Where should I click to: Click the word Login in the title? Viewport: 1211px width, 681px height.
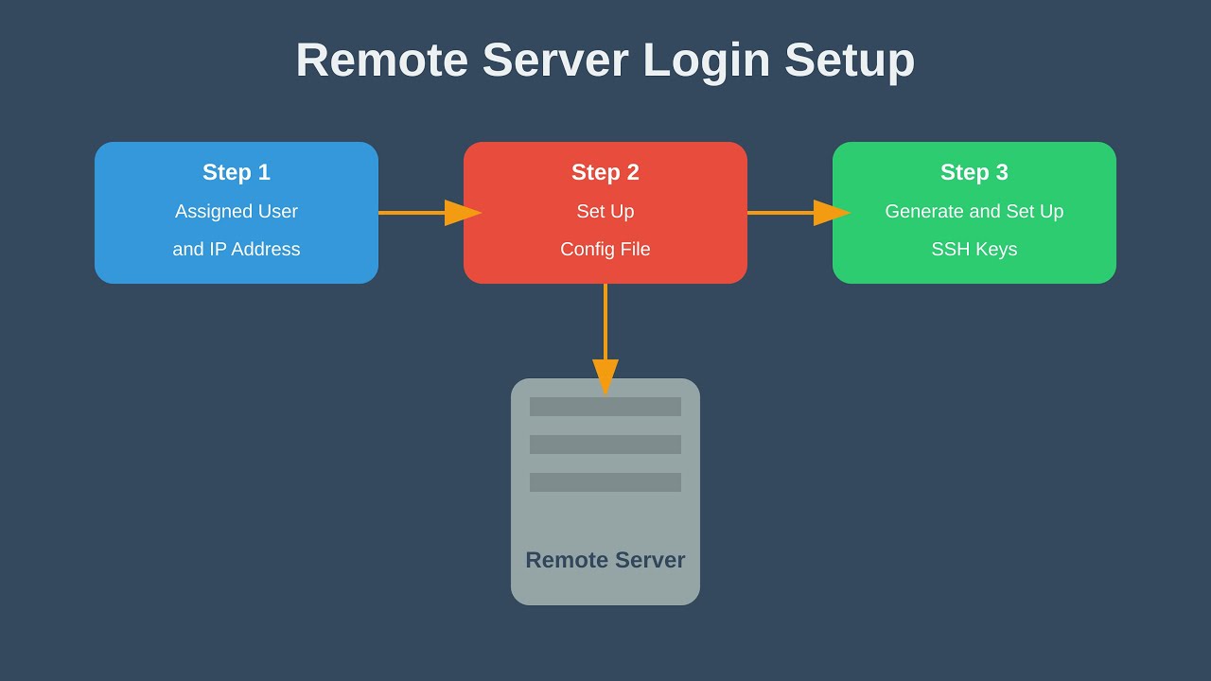[706, 61]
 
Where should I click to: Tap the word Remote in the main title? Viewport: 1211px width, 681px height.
[381, 61]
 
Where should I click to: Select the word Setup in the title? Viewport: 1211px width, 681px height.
[849, 61]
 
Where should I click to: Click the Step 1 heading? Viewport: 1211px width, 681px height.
[237, 172]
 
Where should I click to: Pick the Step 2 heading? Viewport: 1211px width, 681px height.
[605, 172]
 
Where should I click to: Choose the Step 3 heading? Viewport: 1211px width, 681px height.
[974, 172]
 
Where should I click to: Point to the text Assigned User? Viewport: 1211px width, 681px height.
[237, 212]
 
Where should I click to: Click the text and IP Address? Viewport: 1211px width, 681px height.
[237, 250]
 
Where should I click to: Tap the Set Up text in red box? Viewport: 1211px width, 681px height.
[605, 212]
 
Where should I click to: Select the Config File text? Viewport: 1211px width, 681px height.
[605, 250]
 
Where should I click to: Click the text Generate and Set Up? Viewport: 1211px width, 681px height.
[974, 212]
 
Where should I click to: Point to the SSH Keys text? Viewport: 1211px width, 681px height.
[974, 250]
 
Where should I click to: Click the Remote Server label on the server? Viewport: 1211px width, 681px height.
[605, 560]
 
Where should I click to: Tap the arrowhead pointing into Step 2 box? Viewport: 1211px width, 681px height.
[462, 213]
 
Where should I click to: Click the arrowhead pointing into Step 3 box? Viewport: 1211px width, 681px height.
[831, 213]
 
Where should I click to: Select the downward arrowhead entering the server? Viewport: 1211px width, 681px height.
[605, 375]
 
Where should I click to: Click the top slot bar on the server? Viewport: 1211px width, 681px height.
[605, 407]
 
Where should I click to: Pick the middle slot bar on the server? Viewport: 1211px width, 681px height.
[605, 445]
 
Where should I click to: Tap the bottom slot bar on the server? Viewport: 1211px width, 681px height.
[605, 482]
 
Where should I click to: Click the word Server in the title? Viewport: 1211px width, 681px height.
[555, 61]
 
